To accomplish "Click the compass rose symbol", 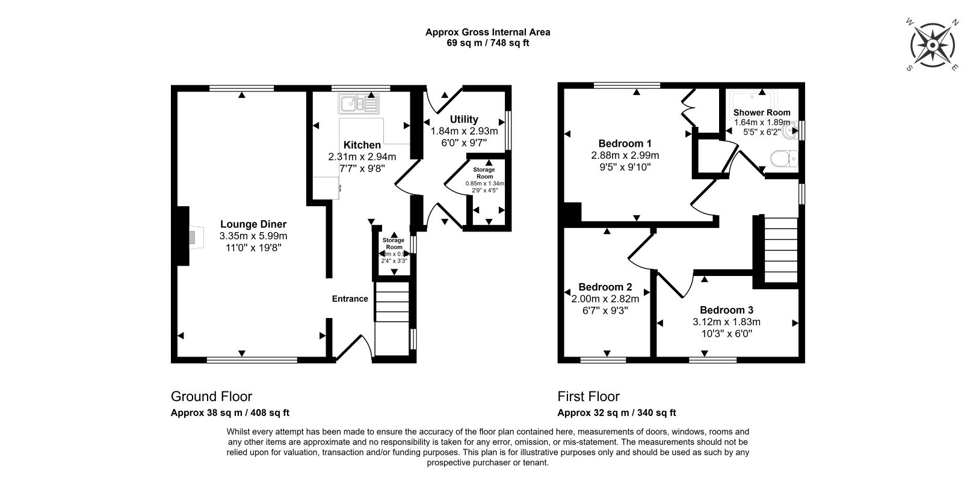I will [932, 46].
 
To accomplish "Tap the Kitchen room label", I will [362, 145].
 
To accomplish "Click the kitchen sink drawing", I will [358, 105].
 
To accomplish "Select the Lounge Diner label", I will [253, 224].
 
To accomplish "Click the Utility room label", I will [464, 119].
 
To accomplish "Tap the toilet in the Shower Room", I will [783, 159].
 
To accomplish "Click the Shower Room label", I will [761, 112].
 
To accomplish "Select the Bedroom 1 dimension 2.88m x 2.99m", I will [625, 155].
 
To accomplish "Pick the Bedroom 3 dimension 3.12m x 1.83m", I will [726, 322].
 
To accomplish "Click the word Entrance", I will [350, 299].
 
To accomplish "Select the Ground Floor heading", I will [211, 397].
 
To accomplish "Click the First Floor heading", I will [588, 397].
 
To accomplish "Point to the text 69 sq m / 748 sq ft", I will [487, 43].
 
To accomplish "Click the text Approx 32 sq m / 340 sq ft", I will [616, 412].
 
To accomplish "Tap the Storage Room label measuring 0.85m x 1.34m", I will [484, 173].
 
